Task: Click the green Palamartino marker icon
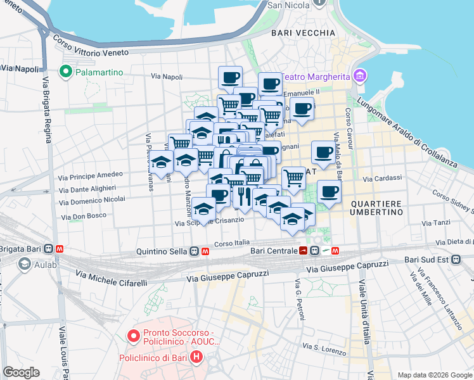[65, 72]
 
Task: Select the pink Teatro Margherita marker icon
[360, 77]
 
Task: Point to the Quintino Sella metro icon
[206, 251]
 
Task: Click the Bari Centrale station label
[274, 251]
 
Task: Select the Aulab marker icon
[25, 264]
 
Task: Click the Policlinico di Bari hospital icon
[196, 358]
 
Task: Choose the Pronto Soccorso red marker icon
[133, 336]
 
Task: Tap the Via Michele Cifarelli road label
[112, 278]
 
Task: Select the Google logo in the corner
[21, 372]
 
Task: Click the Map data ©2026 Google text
[434, 375]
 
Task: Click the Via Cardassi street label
[378, 178]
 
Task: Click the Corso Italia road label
[233, 243]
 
